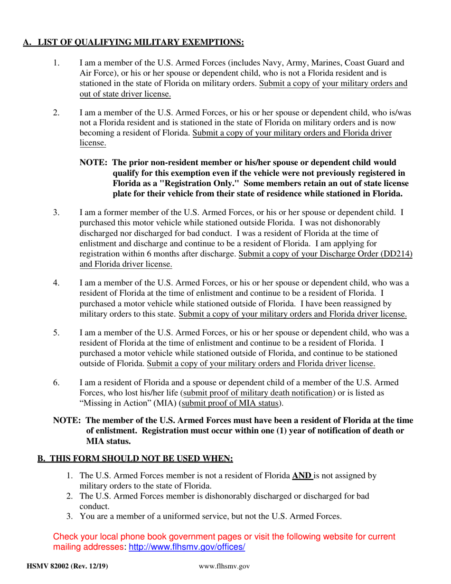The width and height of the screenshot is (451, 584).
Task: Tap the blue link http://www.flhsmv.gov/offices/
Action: [x=187, y=547]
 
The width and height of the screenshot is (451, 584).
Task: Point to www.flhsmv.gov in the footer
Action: [x=225, y=566]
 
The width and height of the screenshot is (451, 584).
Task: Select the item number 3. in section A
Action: [x=56, y=212]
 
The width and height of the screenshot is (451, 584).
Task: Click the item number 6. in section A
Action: [x=56, y=383]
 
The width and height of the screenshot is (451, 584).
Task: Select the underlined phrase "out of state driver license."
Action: [x=125, y=94]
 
